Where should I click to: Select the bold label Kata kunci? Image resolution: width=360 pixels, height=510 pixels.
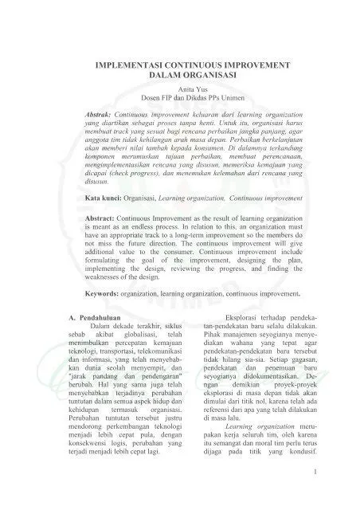(x=108, y=218)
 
